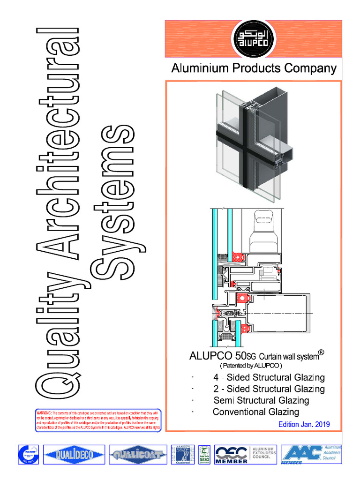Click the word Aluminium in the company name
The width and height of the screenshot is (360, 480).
tap(192, 69)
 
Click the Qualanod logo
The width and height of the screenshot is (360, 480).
tap(182, 454)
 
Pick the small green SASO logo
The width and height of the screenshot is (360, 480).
tap(204, 454)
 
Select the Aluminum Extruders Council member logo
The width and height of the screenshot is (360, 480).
tap(245, 454)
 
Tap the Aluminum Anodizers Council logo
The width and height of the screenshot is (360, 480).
tap(311, 454)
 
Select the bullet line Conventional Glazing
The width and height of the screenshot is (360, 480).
tap(255, 412)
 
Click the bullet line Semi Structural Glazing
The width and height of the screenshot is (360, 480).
tap(261, 400)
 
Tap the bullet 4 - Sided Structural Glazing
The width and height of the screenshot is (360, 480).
tap(269, 377)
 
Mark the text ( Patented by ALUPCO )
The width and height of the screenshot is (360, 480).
tap(251, 365)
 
